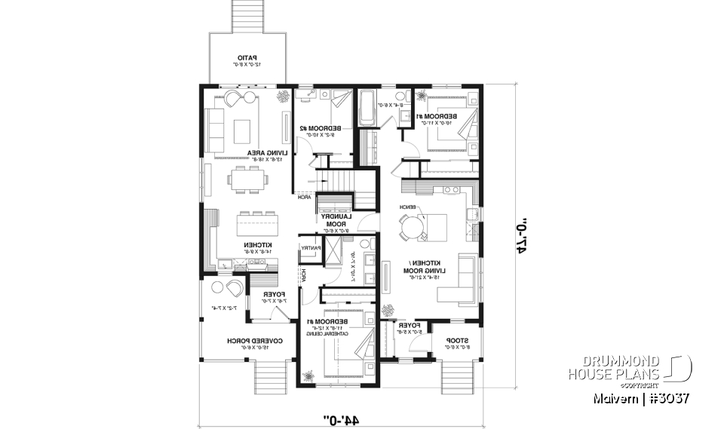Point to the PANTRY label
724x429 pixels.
click(311, 248)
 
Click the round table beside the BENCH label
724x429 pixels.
click(412, 226)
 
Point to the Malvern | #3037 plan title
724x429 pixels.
click(638, 397)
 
